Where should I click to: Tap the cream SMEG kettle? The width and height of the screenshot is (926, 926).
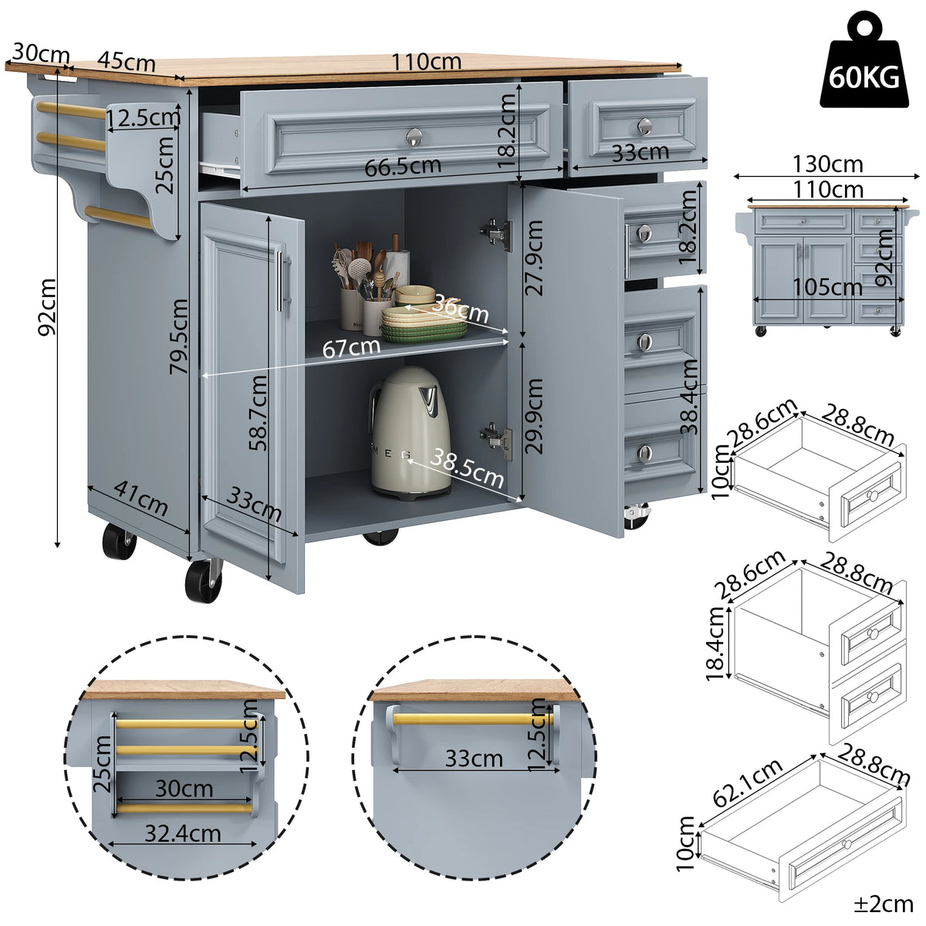[x=410, y=432]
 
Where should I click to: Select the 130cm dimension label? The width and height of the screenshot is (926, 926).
[x=827, y=164]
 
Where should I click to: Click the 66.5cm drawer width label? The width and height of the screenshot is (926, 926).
[x=403, y=167]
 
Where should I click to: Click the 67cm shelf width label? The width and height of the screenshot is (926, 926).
[x=351, y=347]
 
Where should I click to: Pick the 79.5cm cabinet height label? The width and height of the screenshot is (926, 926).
[x=178, y=336]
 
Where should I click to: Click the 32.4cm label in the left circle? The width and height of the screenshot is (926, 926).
[x=183, y=833]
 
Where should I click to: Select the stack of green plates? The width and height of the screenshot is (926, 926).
[x=424, y=324]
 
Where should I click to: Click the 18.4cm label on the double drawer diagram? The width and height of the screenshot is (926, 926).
[x=715, y=644]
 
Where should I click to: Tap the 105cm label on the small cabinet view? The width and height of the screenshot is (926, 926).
[x=827, y=287]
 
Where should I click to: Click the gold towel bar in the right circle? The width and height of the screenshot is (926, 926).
[x=473, y=719]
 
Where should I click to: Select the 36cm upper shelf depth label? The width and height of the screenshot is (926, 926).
[x=461, y=309]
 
